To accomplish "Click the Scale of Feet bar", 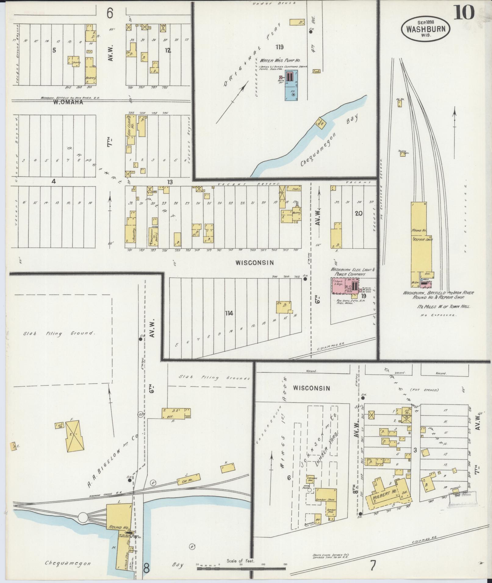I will tap(241, 568).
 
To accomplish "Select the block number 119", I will tap(279, 47).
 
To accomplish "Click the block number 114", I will tap(229, 313).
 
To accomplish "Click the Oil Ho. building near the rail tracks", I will tap(399, 104).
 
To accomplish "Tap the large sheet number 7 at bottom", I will tap(373, 566).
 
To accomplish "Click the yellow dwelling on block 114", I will tap(284, 307).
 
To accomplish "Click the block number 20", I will tap(358, 213).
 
